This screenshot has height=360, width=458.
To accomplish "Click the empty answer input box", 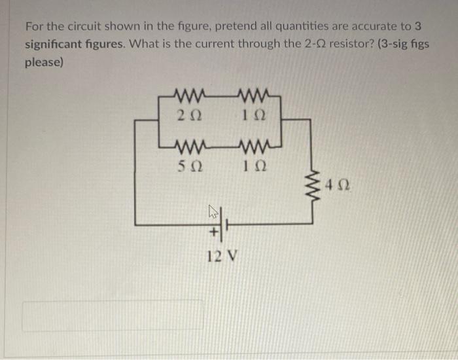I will tap(113, 315).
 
